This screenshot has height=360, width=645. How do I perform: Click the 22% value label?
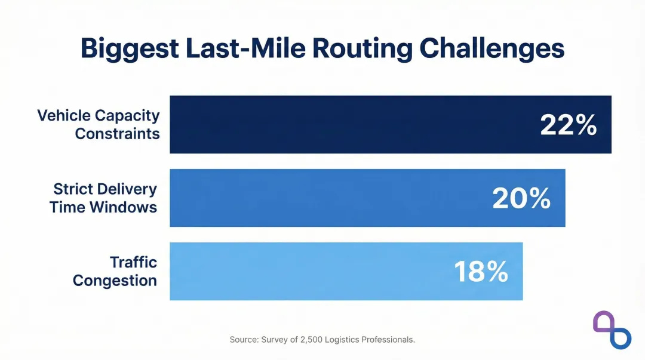568,125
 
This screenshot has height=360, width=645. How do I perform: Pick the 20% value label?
521,199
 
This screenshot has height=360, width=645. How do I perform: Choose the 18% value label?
481,272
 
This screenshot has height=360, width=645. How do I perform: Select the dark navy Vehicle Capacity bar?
358,125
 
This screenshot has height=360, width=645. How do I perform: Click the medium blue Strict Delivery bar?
328,198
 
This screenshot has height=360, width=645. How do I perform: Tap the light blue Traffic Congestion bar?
299,272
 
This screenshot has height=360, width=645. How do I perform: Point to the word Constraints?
117,134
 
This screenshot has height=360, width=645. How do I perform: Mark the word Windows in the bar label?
128,208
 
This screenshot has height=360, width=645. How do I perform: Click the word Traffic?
133,263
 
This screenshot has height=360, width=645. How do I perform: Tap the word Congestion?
115,281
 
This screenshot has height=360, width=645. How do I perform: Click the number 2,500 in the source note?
305,340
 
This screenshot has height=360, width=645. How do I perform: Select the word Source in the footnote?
244,340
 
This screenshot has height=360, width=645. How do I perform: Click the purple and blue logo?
612,329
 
